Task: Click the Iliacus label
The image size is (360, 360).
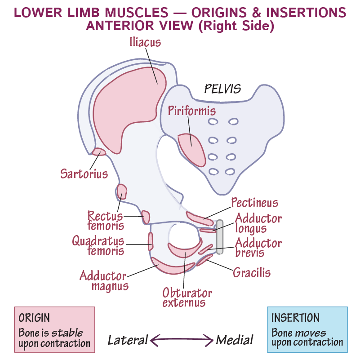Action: click(145, 42)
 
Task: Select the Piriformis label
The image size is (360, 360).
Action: click(192, 111)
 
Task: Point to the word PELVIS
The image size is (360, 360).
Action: click(222, 89)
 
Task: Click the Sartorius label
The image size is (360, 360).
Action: click(84, 173)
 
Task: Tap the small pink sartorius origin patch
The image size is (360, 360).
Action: click(99, 152)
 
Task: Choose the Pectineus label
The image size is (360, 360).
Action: click(254, 203)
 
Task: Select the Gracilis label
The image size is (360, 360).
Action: click(252, 272)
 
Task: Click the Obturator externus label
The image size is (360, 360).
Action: click(187, 297)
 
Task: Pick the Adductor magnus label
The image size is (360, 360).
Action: click(104, 280)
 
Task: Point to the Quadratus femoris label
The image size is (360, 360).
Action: click(98, 245)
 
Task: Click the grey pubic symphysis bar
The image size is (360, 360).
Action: click(219, 237)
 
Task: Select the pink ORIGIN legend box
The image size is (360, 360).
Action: click(54, 329)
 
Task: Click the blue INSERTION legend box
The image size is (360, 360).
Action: click(307, 329)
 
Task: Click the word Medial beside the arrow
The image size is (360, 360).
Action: click(235, 339)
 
